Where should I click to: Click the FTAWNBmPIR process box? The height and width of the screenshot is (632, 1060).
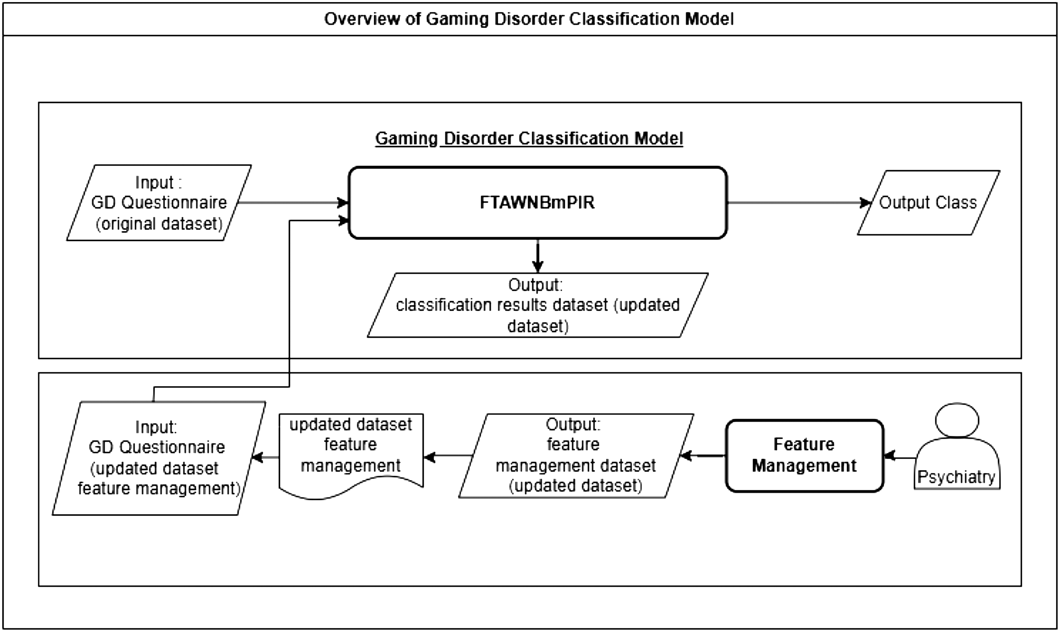click(x=538, y=203)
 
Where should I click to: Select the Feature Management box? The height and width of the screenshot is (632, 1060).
click(x=804, y=456)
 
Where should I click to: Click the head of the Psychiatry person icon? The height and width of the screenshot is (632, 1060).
click(x=957, y=420)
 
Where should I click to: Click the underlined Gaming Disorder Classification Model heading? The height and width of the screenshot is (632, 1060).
click(x=529, y=139)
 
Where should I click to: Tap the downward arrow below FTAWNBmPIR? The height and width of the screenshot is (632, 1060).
click(x=538, y=256)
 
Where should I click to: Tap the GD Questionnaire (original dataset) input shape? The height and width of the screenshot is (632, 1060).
click(x=159, y=203)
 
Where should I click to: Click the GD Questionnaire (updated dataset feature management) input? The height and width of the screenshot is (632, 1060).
click(x=159, y=458)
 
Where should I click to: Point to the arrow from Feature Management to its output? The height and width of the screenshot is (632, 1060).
click(x=703, y=456)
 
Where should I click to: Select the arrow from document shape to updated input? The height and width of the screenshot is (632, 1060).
click(x=265, y=457)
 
